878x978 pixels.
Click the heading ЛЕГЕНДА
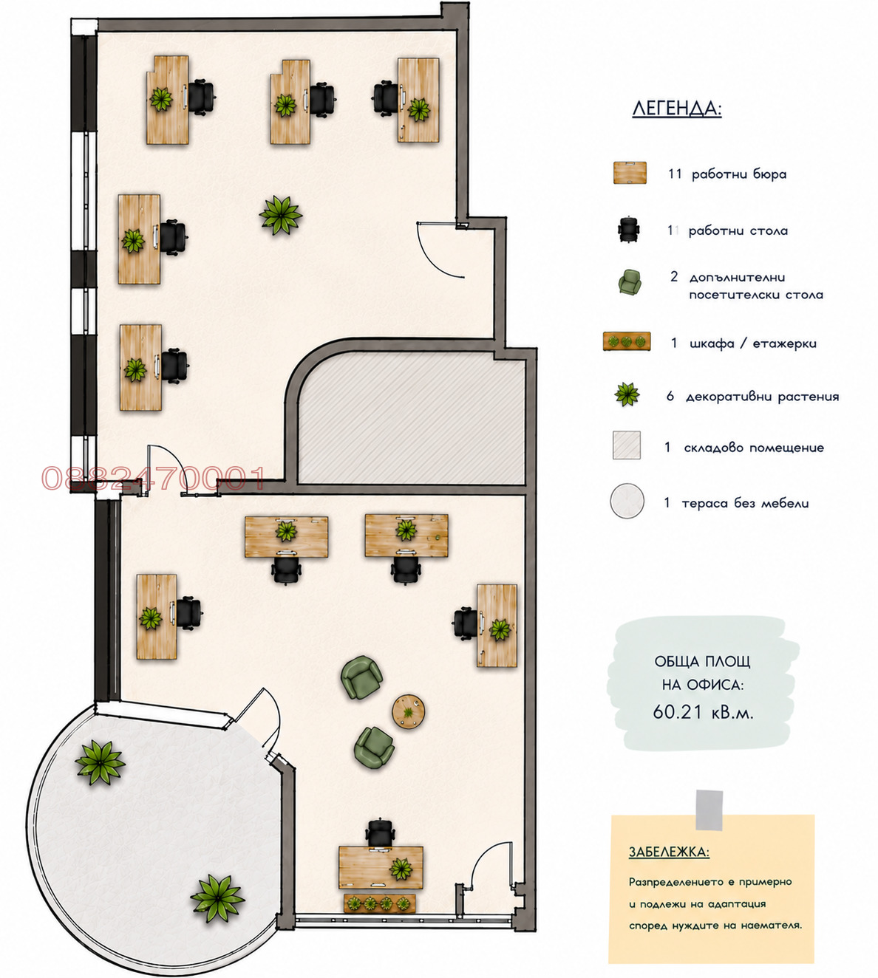(x=677, y=108)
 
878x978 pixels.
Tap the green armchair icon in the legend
(x=630, y=282)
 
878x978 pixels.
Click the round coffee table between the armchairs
(x=408, y=711)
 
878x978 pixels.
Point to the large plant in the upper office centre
(x=281, y=215)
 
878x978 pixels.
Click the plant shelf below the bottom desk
(x=380, y=903)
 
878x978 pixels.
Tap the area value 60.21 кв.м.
(x=703, y=712)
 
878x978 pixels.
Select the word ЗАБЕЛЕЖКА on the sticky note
(x=669, y=852)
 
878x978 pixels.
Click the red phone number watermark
(x=154, y=478)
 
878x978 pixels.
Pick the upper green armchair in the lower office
(x=361, y=677)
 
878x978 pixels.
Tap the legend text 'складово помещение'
(x=754, y=448)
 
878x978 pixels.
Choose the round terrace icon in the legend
(x=627, y=501)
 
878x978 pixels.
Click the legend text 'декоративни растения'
(x=763, y=397)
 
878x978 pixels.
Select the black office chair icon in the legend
(x=629, y=230)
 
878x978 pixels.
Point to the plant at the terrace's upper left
(x=100, y=762)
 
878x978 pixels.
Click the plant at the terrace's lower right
(x=217, y=898)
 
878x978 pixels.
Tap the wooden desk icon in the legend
(x=630, y=173)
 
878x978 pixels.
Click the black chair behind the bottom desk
(x=381, y=832)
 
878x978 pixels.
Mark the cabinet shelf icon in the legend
(x=627, y=341)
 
